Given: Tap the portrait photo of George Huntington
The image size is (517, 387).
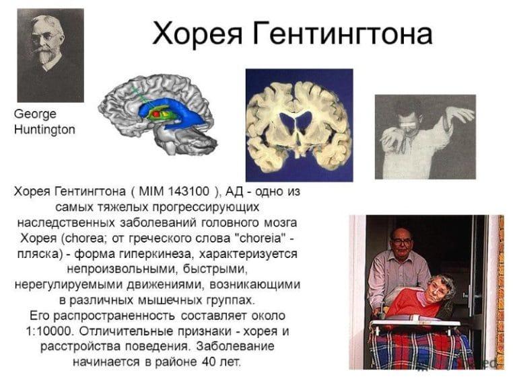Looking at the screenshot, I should (x=50, y=55).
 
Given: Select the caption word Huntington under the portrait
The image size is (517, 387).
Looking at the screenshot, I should (x=44, y=130).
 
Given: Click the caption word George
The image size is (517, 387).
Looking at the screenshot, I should (x=35, y=114).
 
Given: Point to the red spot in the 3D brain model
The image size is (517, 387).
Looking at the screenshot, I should (x=156, y=115).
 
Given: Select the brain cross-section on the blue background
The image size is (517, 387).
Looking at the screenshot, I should (x=299, y=125).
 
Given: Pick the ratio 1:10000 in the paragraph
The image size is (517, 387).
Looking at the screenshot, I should (x=46, y=331).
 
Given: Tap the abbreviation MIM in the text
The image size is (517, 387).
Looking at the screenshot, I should (x=147, y=191).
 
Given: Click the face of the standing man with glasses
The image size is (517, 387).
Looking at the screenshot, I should (x=401, y=240).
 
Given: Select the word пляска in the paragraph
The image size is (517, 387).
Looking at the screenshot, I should (x=38, y=254).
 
